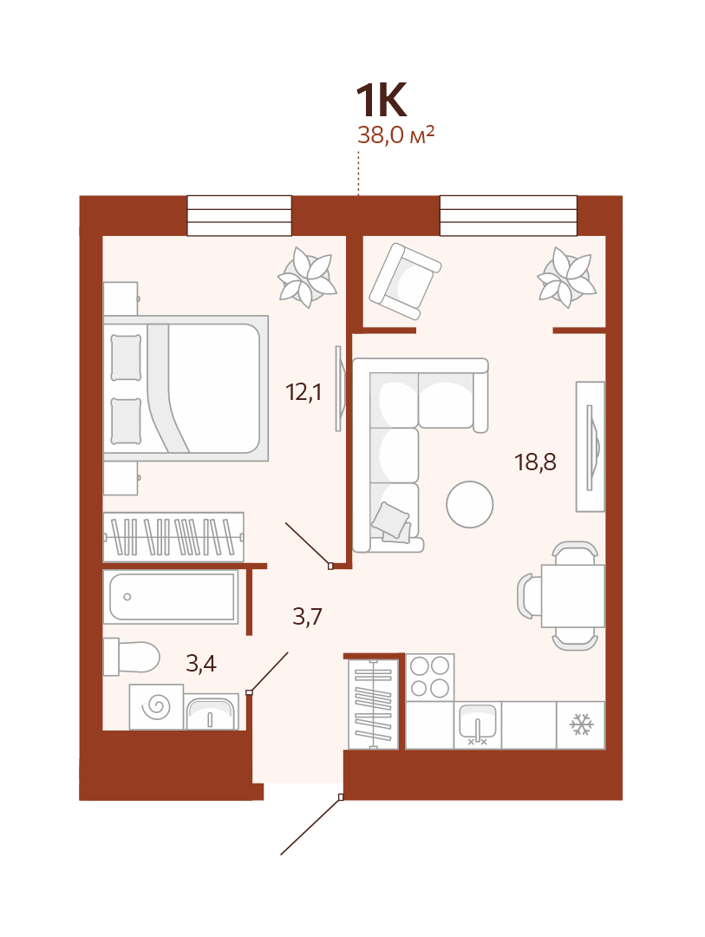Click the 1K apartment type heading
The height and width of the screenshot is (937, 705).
382,100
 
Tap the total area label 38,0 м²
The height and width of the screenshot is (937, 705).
395,135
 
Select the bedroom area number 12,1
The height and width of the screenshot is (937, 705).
304,393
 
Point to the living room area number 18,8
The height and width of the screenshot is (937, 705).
535,462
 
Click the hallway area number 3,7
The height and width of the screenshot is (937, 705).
307,616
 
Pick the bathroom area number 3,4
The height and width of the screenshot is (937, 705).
200,664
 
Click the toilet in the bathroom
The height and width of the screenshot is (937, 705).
132,657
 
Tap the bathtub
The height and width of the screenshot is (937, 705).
171,597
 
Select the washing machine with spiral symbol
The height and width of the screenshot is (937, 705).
157,707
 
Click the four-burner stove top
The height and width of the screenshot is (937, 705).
430,678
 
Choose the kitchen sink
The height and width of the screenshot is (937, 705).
477,724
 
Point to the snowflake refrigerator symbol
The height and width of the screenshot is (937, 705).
581,724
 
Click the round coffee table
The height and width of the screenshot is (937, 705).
470,504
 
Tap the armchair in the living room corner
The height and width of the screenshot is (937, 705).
405,281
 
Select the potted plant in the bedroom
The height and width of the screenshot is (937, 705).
307,278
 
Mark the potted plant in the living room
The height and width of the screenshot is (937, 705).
566,278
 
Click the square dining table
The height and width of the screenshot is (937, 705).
573,596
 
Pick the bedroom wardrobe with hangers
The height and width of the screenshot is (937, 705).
173,537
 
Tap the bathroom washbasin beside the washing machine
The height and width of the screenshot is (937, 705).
211,711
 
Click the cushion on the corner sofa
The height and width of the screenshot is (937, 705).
391,521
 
